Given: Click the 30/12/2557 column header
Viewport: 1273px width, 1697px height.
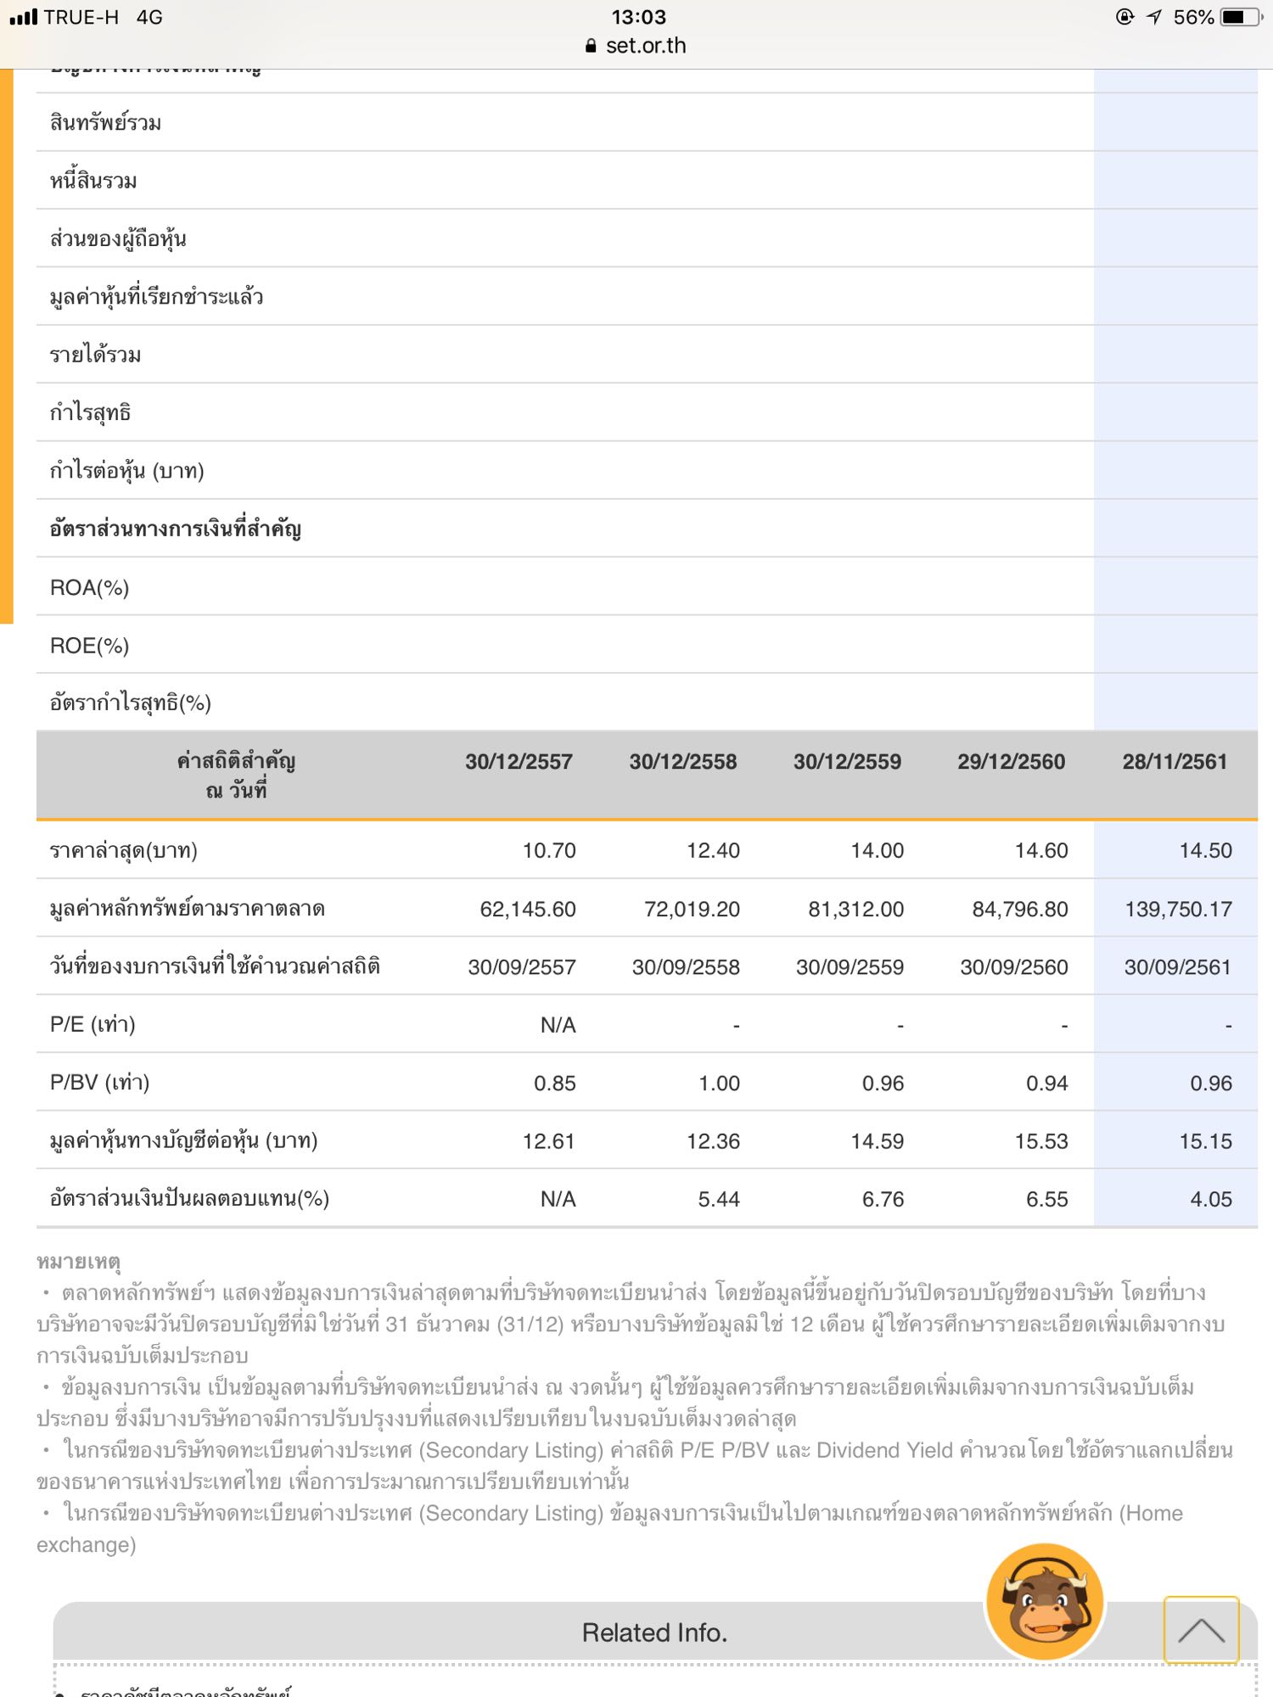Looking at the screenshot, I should [x=519, y=762].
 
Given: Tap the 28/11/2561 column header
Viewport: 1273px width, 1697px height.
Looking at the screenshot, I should [x=1175, y=762].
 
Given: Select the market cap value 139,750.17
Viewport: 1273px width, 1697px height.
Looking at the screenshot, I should [x=1178, y=910].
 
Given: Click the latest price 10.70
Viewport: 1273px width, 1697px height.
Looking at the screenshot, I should [x=549, y=851].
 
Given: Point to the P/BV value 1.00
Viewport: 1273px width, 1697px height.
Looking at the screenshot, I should [x=719, y=1084].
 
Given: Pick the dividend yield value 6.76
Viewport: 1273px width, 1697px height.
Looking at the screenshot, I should [x=883, y=1200].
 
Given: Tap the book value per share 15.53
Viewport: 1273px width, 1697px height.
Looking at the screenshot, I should [x=1041, y=1142].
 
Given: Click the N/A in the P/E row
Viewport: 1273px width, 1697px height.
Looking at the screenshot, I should [x=558, y=1026].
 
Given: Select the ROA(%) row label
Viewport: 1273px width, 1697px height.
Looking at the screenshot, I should [x=89, y=588].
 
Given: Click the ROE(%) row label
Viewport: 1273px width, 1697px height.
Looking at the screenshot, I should [x=89, y=647].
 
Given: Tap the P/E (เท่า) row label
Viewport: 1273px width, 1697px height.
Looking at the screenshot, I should [x=93, y=1025].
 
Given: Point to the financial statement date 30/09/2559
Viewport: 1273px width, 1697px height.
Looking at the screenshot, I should [x=850, y=967].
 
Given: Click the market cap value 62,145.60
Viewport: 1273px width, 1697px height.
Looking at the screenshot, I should [x=528, y=910].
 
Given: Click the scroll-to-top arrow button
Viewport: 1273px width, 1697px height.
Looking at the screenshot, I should [x=1201, y=1630].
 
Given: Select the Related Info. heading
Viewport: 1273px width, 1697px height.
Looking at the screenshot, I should [x=654, y=1633].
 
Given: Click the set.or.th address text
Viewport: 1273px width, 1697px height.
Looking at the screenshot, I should [x=645, y=46].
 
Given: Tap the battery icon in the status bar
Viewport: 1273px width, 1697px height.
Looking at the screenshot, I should [x=1241, y=17].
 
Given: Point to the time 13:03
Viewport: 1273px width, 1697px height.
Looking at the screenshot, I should [x=638, y=17].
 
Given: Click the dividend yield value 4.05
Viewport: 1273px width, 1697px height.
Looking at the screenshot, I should [x=1210, y=1200].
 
